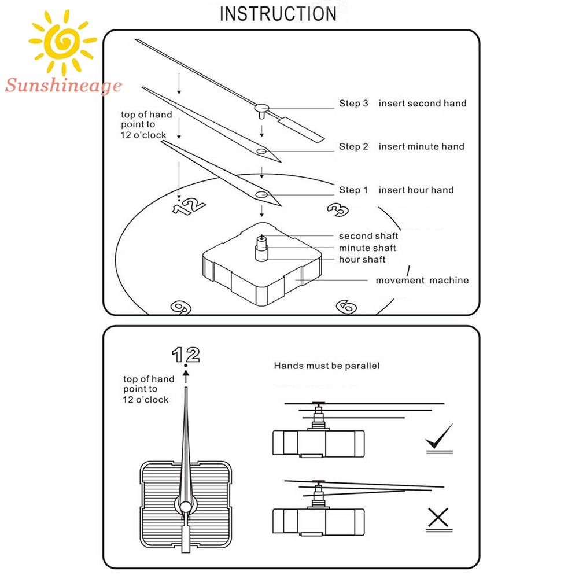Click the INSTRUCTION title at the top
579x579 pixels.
pos(278,13)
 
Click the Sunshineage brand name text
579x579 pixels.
pos(64,87)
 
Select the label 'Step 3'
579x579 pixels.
pos(353,104)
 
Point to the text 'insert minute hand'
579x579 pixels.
pos(421,147)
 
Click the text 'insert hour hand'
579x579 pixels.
pos(416,190)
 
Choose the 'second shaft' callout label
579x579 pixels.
pos(368,236)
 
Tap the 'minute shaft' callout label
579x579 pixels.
pos(367,248)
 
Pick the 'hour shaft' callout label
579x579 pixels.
pos(362,260)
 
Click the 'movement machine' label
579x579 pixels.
pos(422,281)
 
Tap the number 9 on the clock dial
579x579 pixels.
pos(180,307)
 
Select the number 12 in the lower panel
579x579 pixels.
pos(186,354)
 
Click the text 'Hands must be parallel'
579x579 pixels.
pos(326,366)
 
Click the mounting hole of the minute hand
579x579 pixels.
pos(262,152)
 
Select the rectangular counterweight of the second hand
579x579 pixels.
pos(302,128)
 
